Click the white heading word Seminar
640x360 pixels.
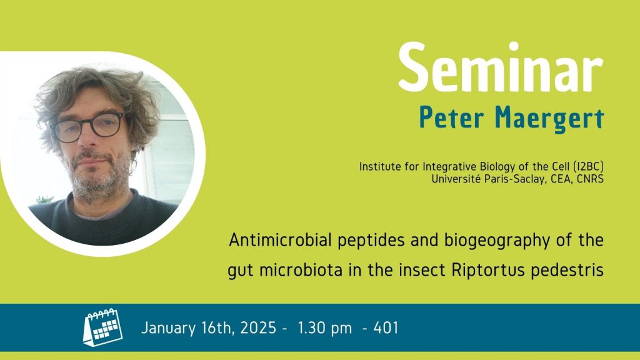501,67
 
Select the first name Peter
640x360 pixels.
452,117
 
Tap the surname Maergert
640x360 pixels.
549,119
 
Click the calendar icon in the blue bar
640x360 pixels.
102,327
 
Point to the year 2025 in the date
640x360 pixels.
258,327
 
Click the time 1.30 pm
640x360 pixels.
324,327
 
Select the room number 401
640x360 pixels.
386,327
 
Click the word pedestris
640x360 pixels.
567,270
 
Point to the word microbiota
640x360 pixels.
301,270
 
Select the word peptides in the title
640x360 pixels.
372,241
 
